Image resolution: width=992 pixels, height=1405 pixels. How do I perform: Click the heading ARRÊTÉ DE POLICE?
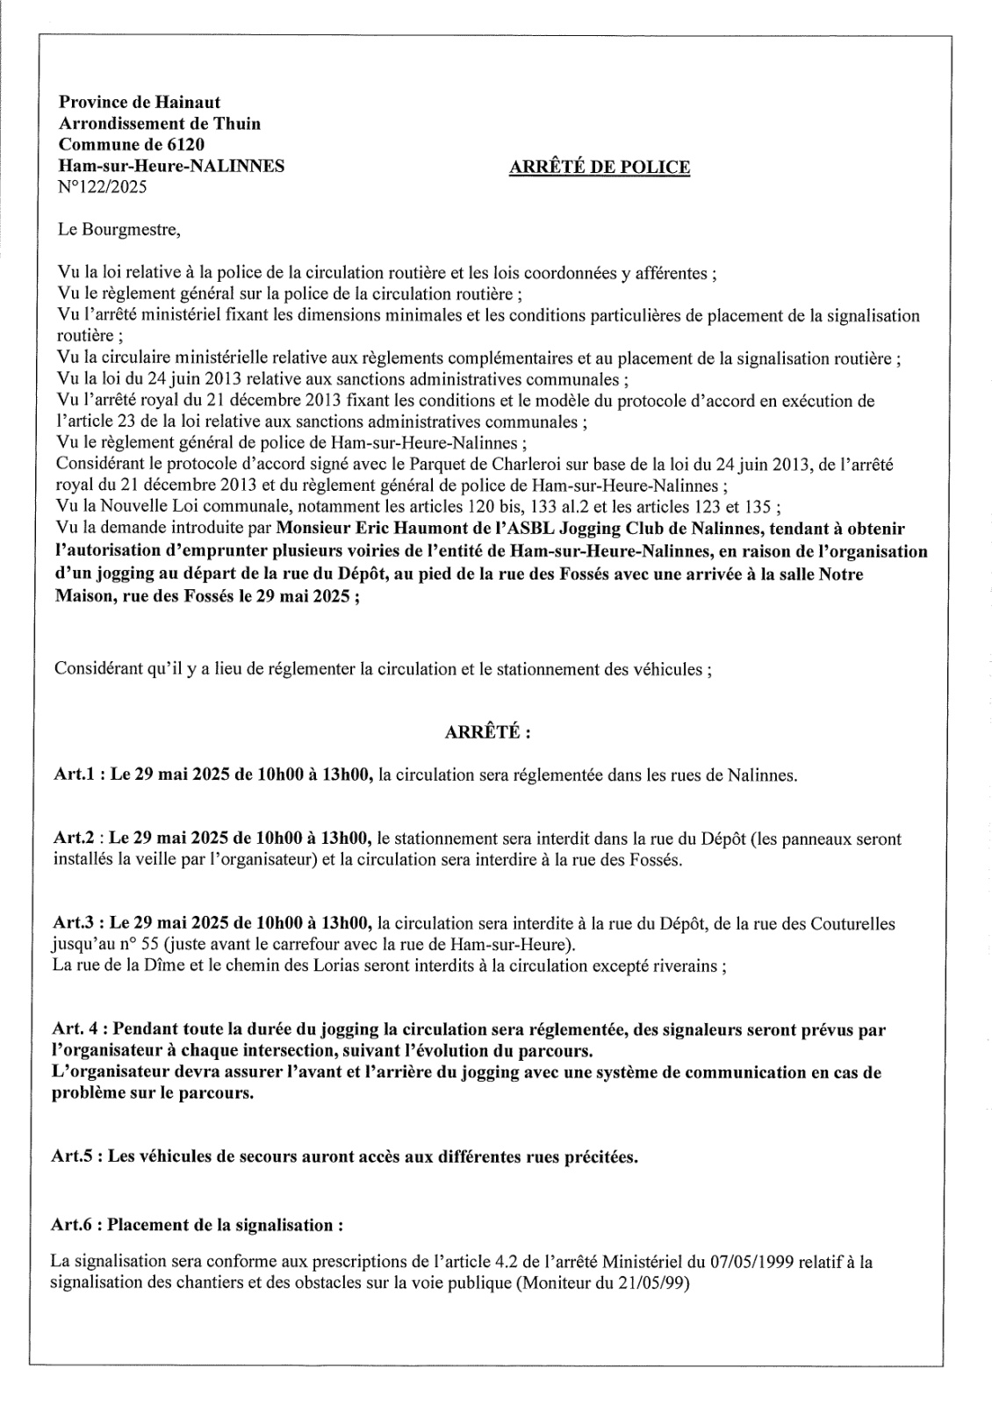pos(599,167)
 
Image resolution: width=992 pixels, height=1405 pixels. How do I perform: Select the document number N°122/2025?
pos(102,186)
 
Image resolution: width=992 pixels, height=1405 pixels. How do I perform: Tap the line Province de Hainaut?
pos(140,103)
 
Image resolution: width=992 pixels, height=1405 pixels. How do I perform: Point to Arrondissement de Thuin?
pos(159,124)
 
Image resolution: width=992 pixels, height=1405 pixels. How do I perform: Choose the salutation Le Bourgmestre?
pos(118,231)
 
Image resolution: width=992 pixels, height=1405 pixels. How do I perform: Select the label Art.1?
pos(75,776)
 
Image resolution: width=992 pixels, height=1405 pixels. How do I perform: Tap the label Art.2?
pos(75,839)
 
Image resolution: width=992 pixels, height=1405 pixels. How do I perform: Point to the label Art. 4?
pos(78,1028)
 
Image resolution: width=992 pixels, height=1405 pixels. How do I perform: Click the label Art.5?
pos(75,1156)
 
